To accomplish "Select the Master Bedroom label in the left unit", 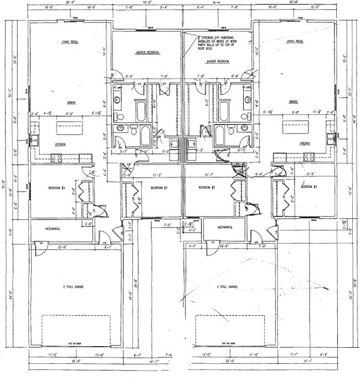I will point(148,53).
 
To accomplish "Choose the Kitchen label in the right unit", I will point(305,143).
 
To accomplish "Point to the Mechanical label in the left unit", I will point(49,228).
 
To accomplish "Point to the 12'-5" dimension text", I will point(308,174).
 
